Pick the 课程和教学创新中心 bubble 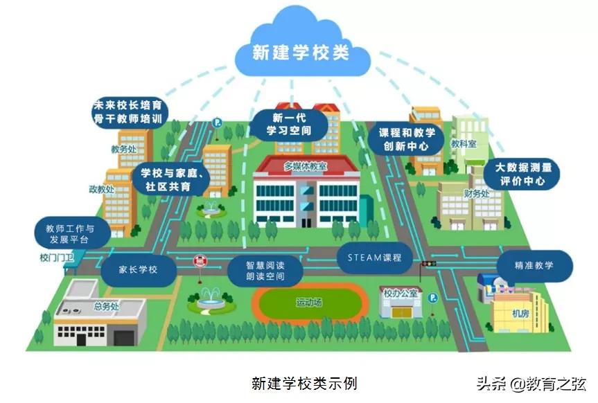[406, 138]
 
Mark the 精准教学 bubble [534, 265]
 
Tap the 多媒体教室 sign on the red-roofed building [306, 166]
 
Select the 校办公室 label [401, 294]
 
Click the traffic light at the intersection [427, 263]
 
